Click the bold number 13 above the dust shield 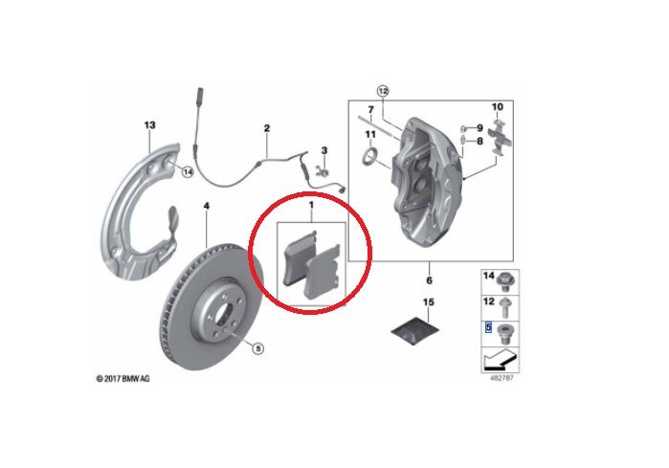pos(148,125)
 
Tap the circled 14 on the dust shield pos(188,172)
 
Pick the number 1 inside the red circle pos(310,206)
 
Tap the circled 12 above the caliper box pos(383,91)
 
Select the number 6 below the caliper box pos(429,280)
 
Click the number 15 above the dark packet pos(429,302)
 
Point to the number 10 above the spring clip pos(497,106)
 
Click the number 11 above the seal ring pos(369,133)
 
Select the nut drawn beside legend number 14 pos(506,279)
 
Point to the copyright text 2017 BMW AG pos(123,379)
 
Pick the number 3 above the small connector pos(324,150)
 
